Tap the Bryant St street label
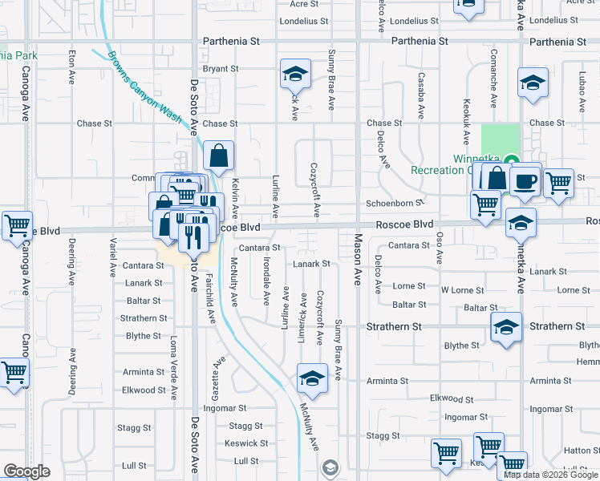pos(221,69)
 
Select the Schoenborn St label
pos(395,204)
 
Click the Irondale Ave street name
pos(266,282)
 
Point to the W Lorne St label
pos(461,290)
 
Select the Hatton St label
pos(577,451)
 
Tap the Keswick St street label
pos(246,443)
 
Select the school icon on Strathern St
pos(506,327)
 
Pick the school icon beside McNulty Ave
pos(312,378)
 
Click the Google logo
pos(26,471)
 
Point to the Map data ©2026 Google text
pos(552,475)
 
